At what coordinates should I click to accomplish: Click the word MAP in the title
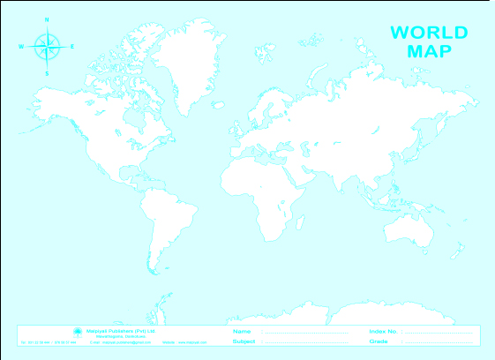point(429,50)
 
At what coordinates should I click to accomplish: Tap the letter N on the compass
point(48,19)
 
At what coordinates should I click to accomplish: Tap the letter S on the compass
point(48,72)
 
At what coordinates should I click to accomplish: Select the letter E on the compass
point(72,46)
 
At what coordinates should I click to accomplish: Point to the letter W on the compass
point(20,46)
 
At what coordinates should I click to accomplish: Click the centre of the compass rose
point(48,46)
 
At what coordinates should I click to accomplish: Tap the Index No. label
point(384,331)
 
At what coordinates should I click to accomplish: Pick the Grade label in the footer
point(379,341)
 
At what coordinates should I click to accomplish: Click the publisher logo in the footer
point(77,332)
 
